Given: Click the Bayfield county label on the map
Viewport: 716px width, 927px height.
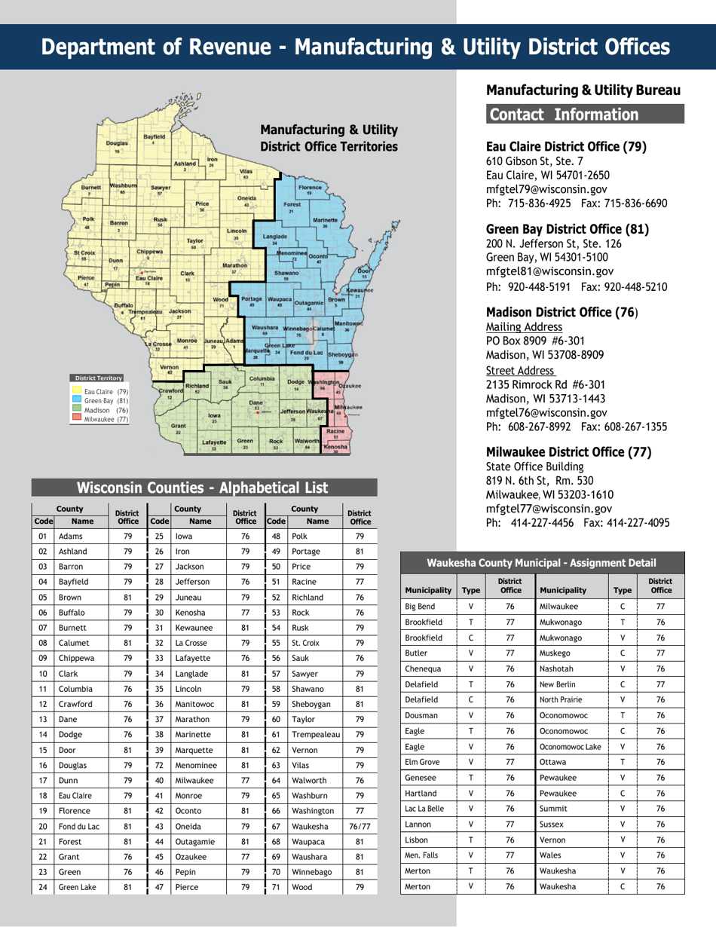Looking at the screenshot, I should (153, 136).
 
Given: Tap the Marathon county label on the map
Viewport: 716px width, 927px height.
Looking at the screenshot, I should (234, 265).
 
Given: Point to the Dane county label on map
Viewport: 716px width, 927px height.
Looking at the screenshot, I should (256, 402).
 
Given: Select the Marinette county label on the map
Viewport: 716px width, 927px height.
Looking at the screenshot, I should (325, 220).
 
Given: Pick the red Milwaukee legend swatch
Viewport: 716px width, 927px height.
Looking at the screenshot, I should (76, 418).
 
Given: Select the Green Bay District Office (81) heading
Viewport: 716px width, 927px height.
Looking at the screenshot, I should (568, 228).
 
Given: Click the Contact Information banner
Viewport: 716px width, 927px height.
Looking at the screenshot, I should (585, 115).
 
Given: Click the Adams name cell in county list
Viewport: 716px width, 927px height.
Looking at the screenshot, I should (69, 537).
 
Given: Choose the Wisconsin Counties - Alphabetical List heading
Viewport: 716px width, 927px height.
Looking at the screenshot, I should (203, 487).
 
